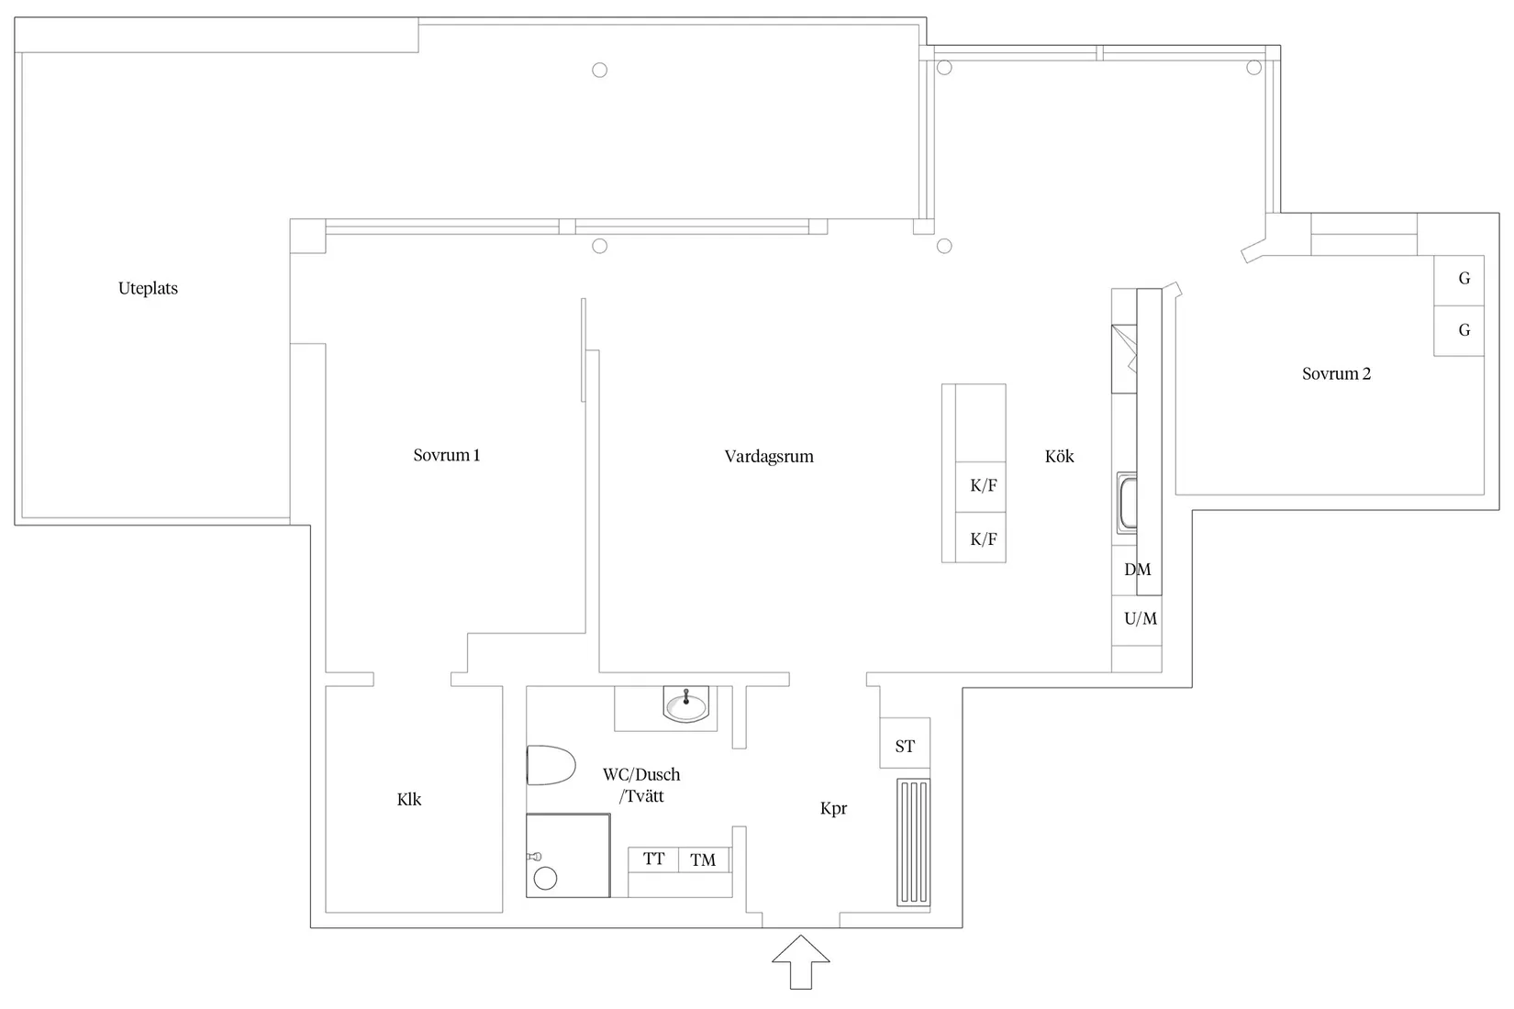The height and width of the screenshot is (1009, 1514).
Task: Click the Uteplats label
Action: point(148,288)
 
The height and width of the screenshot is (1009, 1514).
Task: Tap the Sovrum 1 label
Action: point(446,455)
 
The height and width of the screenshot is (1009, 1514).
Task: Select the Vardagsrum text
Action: point(768,456)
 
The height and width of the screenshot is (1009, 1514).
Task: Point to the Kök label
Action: point(1059,456)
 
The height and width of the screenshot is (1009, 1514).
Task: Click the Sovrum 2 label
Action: point(1336,373)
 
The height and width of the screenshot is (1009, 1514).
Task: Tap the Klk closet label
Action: point(409,799)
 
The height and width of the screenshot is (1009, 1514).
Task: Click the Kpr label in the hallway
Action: point(833,808)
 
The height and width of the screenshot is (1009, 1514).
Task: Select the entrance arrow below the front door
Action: point(800,962)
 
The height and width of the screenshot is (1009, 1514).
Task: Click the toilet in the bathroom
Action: point(550,765)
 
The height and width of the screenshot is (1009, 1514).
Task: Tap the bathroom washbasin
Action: point(686,706)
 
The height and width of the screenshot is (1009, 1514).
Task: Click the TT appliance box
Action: point(653,859)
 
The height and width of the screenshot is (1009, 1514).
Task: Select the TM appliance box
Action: point(703,859)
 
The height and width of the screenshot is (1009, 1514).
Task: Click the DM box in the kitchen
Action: point(1136,570)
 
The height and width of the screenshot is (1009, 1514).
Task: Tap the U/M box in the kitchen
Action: point(1140,619)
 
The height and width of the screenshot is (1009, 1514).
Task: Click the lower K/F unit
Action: point(983,539)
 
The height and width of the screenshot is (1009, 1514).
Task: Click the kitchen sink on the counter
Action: point(1127,503)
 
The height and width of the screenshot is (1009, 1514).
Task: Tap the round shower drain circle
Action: point(545,879)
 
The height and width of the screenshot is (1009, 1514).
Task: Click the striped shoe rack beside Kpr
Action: point(913,843)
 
